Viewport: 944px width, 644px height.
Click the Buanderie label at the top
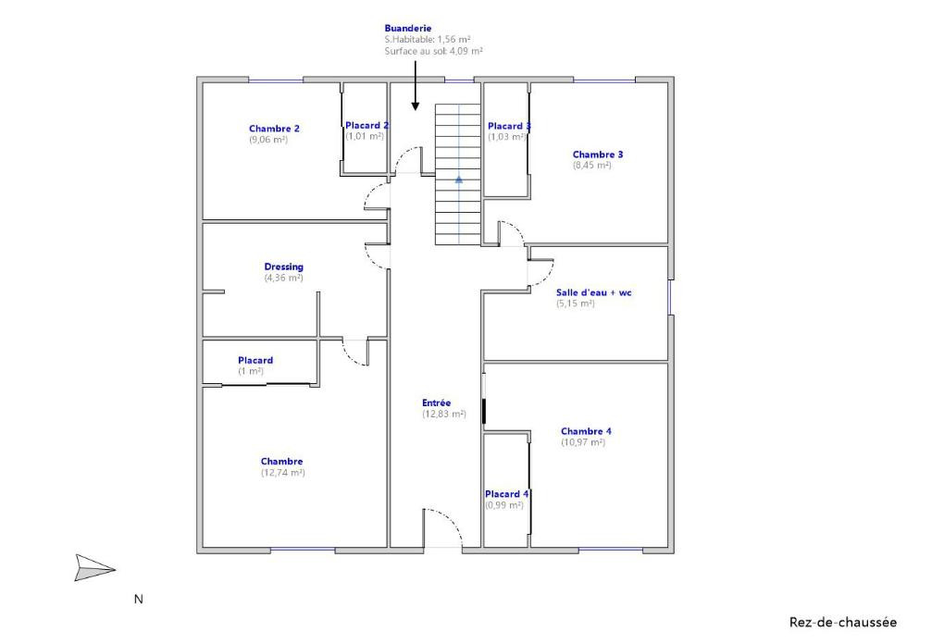(x=408, y=29)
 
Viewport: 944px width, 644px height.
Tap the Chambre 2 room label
(x=274, y=129)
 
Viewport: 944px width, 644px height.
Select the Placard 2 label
(x=366, y=125)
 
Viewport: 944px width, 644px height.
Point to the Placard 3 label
(x=509, y=126)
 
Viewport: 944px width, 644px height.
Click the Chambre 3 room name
(x=598, y=155)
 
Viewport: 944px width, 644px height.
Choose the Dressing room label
(x=283, y=266)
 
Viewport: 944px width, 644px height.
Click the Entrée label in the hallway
(x=437, y=402)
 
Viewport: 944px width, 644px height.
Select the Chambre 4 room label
(x=586, y=431)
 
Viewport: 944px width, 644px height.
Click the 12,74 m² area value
(x=283, y=473)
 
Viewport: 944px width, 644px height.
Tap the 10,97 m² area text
(x=583, y=442)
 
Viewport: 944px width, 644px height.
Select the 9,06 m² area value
(x=268, y=140)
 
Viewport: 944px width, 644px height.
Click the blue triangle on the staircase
(x=459, y=180)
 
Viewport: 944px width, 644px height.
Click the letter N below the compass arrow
(x=139, y=600)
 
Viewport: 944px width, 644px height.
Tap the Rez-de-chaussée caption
(x=842, y=623)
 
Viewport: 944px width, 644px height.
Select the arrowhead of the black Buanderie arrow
(x=415, y=106)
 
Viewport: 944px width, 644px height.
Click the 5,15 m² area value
(x=576, y=303)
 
